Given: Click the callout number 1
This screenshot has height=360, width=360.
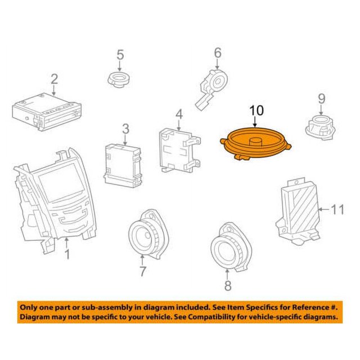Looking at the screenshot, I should tap(67, 256).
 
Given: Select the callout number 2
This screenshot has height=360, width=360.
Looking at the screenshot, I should tap(54, 79).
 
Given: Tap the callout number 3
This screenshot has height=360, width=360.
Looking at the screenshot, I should tap(125, 129).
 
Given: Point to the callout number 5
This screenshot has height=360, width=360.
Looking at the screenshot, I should tap(119, 55).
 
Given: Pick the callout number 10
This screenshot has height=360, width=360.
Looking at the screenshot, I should tap(256, 111).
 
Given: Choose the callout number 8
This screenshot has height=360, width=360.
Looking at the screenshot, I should tap(227, 286).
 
